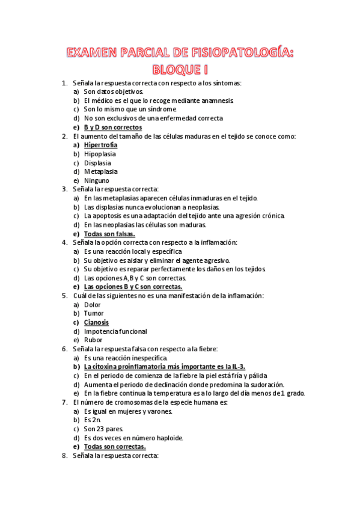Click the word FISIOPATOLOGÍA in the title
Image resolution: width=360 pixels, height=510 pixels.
[242, 53]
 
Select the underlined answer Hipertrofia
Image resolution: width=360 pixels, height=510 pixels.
[100, 145]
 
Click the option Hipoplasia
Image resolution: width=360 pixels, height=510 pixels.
[100, 154]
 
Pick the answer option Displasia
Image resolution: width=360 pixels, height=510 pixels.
[97, 162]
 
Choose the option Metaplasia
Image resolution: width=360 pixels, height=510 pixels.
[100, 171]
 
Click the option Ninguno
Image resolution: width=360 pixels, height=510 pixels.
[97, 180]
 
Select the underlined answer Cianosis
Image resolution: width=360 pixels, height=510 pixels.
[96, 322]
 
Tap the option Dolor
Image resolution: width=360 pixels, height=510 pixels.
[93, 304]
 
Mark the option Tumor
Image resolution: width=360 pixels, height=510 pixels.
[94, 313]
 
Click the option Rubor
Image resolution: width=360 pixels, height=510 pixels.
[93, 340]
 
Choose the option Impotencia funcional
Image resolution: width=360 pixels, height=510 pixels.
[115, 331]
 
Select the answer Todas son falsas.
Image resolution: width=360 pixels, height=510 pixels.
[109, 233]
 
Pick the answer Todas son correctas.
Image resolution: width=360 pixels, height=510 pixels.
[114, 447]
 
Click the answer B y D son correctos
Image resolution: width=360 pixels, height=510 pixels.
[112, 127]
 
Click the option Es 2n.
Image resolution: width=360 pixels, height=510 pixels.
[93, 420]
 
